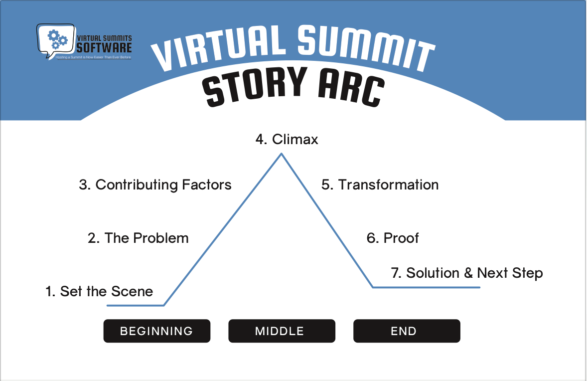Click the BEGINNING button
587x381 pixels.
click(156, 331)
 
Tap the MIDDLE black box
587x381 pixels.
click(282, 331)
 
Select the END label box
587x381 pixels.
click(407, 331)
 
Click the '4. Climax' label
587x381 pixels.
click(287, 139)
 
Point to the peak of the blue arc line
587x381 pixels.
click(282, 154)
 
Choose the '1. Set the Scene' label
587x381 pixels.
click(99, 291)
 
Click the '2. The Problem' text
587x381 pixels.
click(138, 238)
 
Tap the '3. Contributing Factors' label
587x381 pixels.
click(155, 185)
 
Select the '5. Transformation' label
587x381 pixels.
click(380, 185)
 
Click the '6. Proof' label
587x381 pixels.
click(393, 238)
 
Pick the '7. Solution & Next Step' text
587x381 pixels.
click(467, 273)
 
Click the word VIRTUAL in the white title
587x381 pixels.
click(219, 48)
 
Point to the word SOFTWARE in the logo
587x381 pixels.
click(104, 48)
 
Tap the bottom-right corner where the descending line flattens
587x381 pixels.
click(373, 287)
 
